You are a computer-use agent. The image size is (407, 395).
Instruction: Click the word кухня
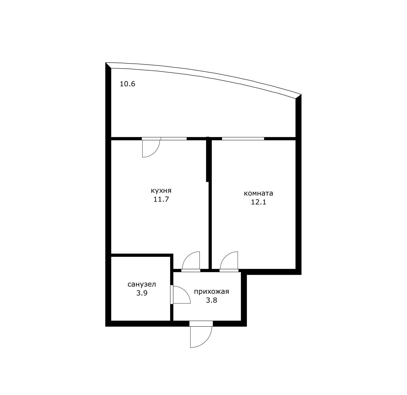click(x=161, y=191)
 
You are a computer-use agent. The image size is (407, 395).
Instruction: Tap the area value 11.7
click(x=161, y=199)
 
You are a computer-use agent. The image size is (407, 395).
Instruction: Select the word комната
click(x=258, y=193)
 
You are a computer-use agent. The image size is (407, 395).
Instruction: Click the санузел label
click(x=142, y=284)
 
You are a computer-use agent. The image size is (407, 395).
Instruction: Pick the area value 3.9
click(x=142, y=293)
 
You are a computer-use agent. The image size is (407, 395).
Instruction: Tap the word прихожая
click(x=211, y=292)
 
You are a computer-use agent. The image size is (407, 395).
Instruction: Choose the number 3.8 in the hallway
click(x=211, y=300)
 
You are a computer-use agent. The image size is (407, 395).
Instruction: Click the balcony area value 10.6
click(x=127, y=84)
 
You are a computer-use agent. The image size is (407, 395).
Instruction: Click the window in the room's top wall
click(x=243, y=139)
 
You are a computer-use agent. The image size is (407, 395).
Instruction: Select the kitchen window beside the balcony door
click(x=174, y=139)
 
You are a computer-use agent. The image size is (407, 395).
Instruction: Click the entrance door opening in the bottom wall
click(x=201, y=324)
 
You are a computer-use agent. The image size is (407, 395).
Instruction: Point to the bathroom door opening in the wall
click(x=172, y=294)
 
